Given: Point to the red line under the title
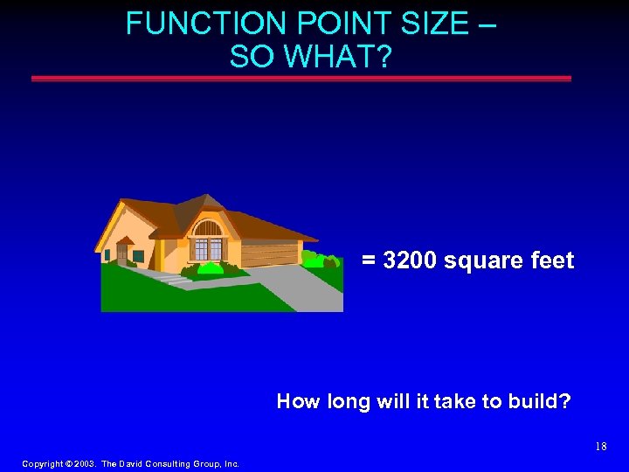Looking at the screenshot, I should point(301,79).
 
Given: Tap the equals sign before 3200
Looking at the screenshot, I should point(370,261).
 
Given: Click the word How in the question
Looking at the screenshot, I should point(294,402).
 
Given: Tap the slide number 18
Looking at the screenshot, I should point(600,447).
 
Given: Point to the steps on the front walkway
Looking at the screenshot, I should point(171,279).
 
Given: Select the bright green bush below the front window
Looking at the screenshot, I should point(210,268).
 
